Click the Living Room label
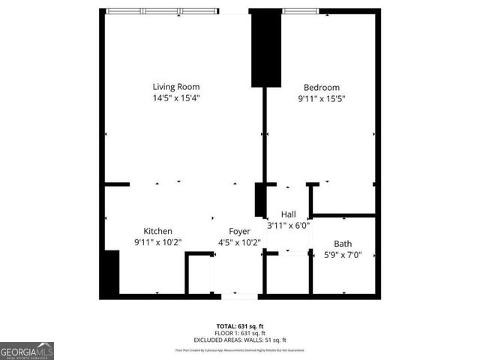pyautogui.click(x=176, y=87)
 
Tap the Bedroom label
pyautogui.click(x=321, y=87)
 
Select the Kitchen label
pyautogui.click(x=158, y=231)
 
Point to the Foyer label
pyautogui.click(x=239, y=231)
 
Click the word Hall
pyautogui.click(x=288, y=214)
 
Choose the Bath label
pyautogui.click(x=343, y=243)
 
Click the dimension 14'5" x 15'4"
pyautogui.click(x=176, y=97)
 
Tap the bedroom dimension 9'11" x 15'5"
pyautogui.click(x=321, y=97)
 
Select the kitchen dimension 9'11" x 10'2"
pyautogui.click(x=158, y=241)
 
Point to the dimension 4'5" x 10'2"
pyautogui.click(x=239, y=241)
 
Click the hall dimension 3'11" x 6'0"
pyautogui.click(x=289, y=225)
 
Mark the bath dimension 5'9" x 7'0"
pyautogui.click(x=343, y=253)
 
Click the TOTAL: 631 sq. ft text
pyautogui.click(x=240, y=326)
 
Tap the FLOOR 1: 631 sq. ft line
pyautogui.click(x=240, y=333)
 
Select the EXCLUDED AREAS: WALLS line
pyautogui.click(x=240, y=340)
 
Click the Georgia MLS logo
pyautogui.click(x=27, y=351)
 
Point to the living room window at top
pyautogui.click(x=162, y=11)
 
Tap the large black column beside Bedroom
pyautogui.click(x=265, y=49)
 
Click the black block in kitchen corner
pyautogui.click(x=109, y=273)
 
